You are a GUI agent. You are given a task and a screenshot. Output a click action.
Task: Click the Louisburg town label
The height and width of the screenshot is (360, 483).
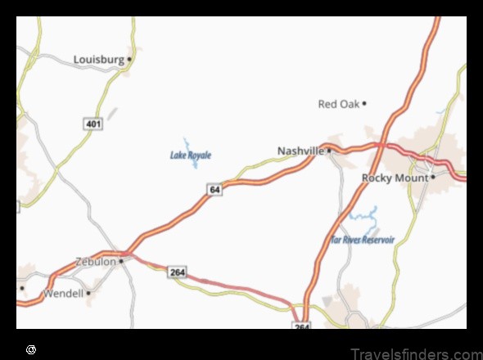click(98, 59)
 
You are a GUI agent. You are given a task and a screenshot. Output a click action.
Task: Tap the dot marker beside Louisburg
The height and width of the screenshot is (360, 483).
click(129, 59)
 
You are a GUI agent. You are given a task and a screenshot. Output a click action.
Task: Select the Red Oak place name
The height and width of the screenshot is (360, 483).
click(338, 103)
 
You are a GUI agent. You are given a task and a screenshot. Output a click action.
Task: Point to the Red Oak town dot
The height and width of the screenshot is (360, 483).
click(364, 103)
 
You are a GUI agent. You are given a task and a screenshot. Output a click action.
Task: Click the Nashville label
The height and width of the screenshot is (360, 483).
click(301, 151)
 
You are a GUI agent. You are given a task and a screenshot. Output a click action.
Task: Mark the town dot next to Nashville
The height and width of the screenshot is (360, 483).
click(329, 151)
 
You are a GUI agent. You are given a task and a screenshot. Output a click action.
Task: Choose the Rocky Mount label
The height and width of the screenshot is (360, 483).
click(395, 177)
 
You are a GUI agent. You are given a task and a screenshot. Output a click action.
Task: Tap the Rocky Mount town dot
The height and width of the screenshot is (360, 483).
click(433, 177)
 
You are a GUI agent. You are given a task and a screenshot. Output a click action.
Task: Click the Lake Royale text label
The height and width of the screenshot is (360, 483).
click(191, 155)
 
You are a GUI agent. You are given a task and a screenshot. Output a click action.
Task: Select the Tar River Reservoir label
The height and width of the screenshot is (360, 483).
click(363, 240)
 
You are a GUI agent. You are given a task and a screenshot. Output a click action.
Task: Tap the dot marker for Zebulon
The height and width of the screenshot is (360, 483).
click(121, 261)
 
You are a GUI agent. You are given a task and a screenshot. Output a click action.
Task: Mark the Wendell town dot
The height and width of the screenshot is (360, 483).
click(88, 292)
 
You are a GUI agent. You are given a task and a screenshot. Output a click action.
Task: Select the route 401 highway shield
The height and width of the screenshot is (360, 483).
click(93, 123)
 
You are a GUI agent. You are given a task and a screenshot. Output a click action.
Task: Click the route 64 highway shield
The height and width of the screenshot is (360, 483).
click(214, 190)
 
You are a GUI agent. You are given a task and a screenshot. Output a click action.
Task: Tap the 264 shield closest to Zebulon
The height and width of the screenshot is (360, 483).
click(176, 272)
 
